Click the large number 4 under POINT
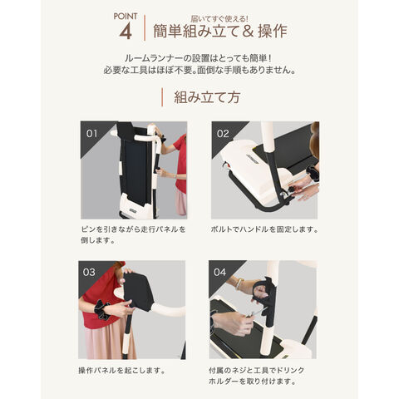pos(126,32)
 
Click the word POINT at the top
pos(126,17)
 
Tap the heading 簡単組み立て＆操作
pos(220,31)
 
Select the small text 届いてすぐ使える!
pos(219,19)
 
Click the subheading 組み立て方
pos(207,97)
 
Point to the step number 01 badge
pos(91,134)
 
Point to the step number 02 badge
pos(223,134)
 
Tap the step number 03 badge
pos(89,273)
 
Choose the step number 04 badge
pos(219,273)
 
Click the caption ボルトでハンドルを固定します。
pos(264,229)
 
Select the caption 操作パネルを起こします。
pos(121,370)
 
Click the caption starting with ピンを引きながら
pos(133,234)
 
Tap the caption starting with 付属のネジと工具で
pos(256,376)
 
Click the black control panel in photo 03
pos(139,289)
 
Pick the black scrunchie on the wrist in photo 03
pos(101,309)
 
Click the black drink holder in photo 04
pos(266,299)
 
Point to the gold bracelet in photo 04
pos(239,284)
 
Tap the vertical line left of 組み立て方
pos(162,97)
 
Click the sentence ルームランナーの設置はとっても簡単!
pos(198,58)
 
